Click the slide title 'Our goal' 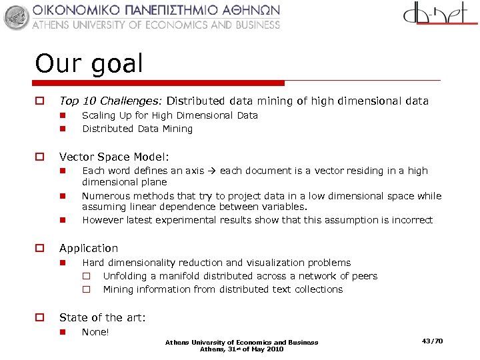(89, 64)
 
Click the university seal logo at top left (17, 17)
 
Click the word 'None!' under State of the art (95, 332)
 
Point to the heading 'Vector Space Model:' (114, 157)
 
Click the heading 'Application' (89, 248)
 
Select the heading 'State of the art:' (102, 317)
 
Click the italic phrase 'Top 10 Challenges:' (111, 101)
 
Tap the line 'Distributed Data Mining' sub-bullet (137, 129)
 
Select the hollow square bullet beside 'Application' (39, 248)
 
